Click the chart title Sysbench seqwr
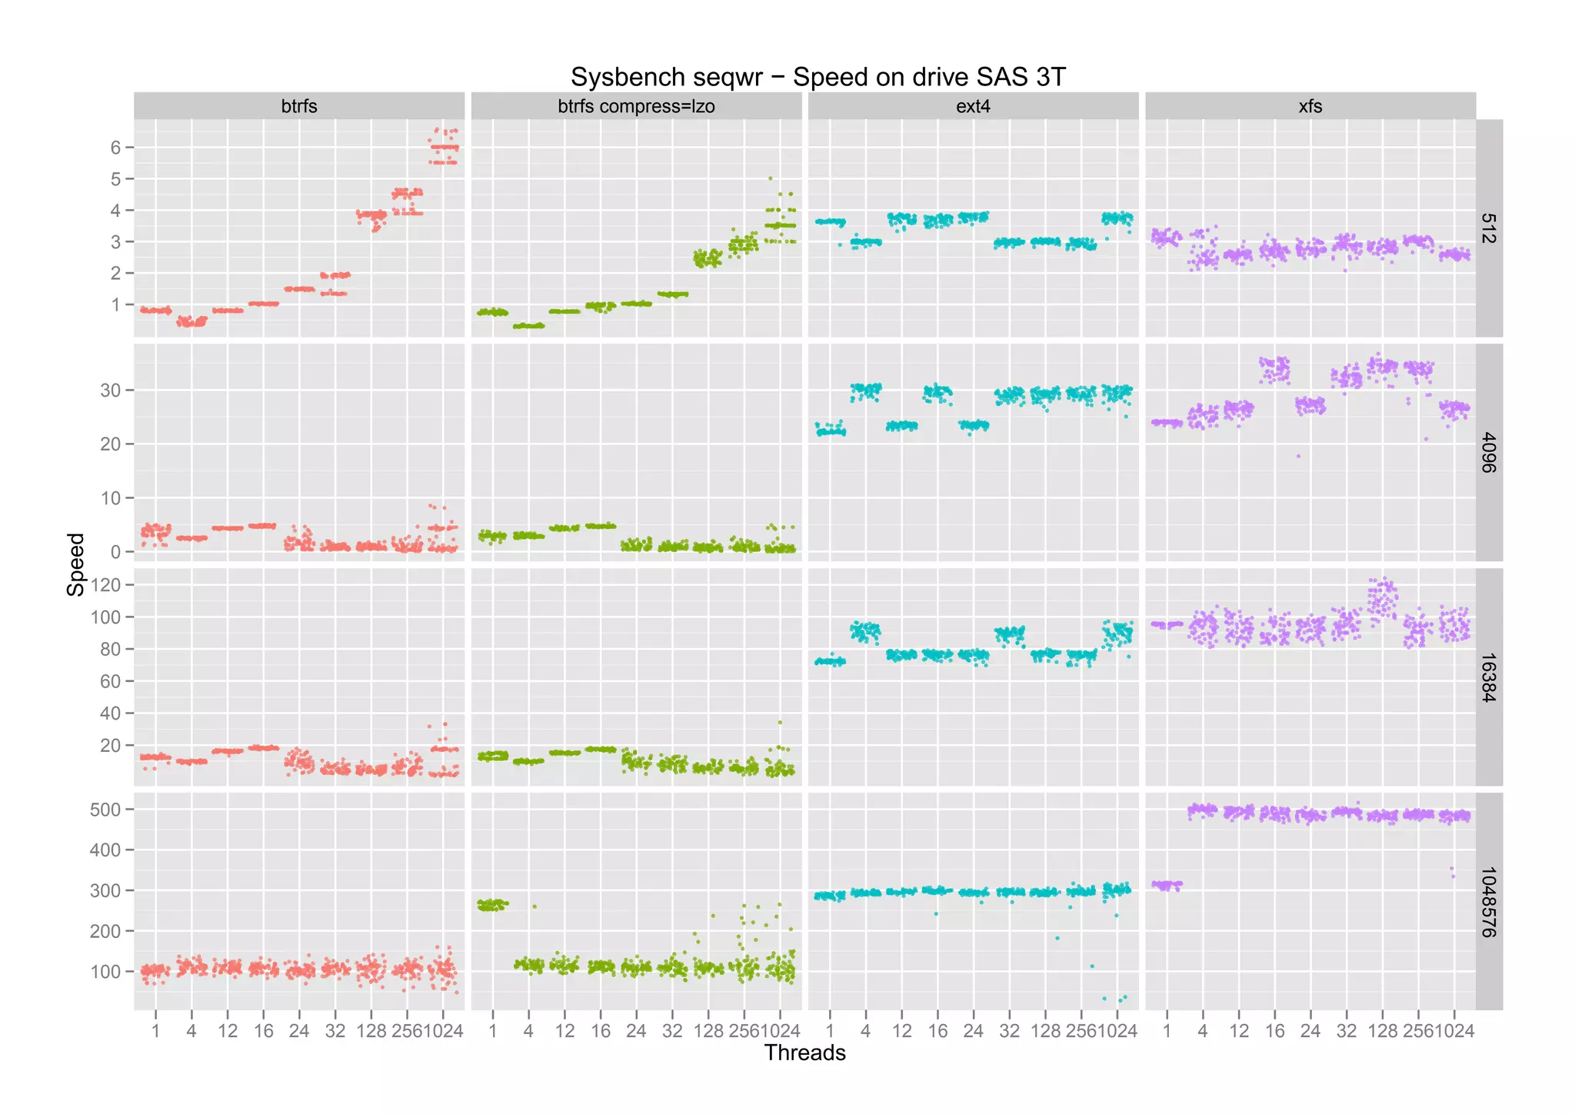tap(817, 77)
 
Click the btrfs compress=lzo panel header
tap(636, 106)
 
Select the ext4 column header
tap(973, 106)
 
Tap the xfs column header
tap(1310, 106)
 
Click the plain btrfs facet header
tap(299, 106)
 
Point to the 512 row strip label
tap(1489, 228)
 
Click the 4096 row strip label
tap(1489, 453)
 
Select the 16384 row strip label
tap(1489, 677)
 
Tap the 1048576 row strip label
tap(1489, 902)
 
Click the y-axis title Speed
tap(75, 564)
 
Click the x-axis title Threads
tap(804, 1052)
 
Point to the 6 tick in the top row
tap(116, 148)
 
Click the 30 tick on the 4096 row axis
tap(111, 391)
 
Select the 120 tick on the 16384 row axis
tap(106, 585)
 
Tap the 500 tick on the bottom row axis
tap(106, 810)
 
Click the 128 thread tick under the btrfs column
tap(371, 1031)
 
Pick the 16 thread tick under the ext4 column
tap(937, 1031)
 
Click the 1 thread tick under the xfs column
tap(1167, 1031)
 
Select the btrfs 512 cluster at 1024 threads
tap(443, 148)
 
